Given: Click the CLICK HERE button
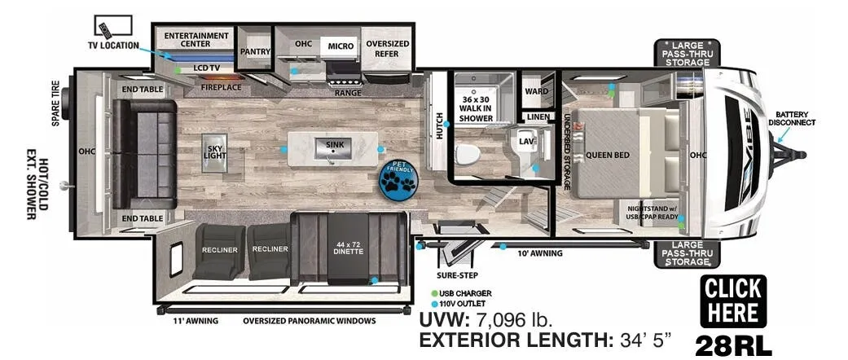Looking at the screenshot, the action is tap(733, 301).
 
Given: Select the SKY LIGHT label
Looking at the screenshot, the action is tap(215, 151).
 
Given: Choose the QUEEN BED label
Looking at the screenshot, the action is tap(608, 155).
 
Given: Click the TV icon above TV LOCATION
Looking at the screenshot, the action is tap(113, 26).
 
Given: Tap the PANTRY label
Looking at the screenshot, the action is tap(255, 51).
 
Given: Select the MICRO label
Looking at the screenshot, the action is tap(341, 46).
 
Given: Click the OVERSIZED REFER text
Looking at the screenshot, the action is tap(387, 49).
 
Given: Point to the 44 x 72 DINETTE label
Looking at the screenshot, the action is tap(347, 247).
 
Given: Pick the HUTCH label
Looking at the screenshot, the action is tap(439, 125).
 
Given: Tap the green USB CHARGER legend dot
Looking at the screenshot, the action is tap(433, 293).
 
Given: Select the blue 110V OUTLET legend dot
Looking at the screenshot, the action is tap(433, 304).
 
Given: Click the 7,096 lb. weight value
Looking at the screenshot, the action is tap(513, 321).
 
